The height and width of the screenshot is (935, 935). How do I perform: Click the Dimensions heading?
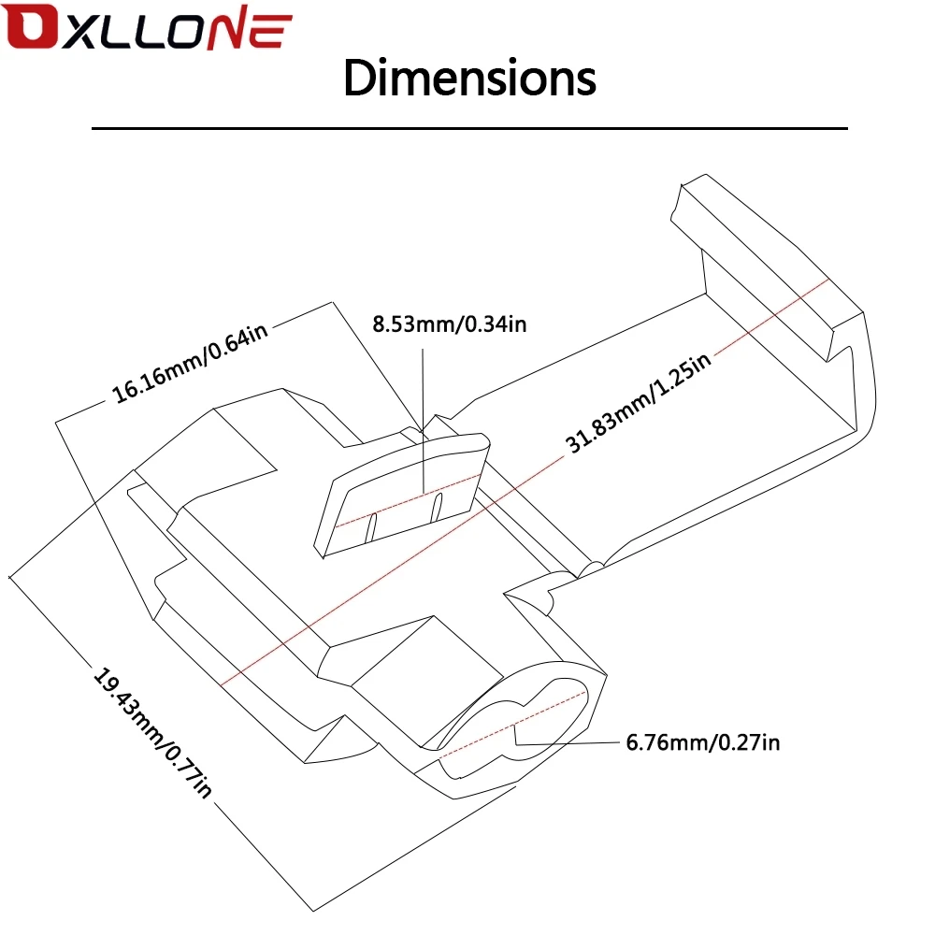pyautogui.click(x=469, y=79)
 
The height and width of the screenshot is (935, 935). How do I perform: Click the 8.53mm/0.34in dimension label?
pyautogui.click(x=450, y=324)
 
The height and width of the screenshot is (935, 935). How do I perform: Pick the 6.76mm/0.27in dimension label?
pyautogui.click(x=702, y=743)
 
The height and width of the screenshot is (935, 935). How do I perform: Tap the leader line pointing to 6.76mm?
pyautogui.click(x=570, y=743)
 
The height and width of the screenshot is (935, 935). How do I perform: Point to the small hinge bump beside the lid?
pyautogui.click(x=591, y=568)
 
